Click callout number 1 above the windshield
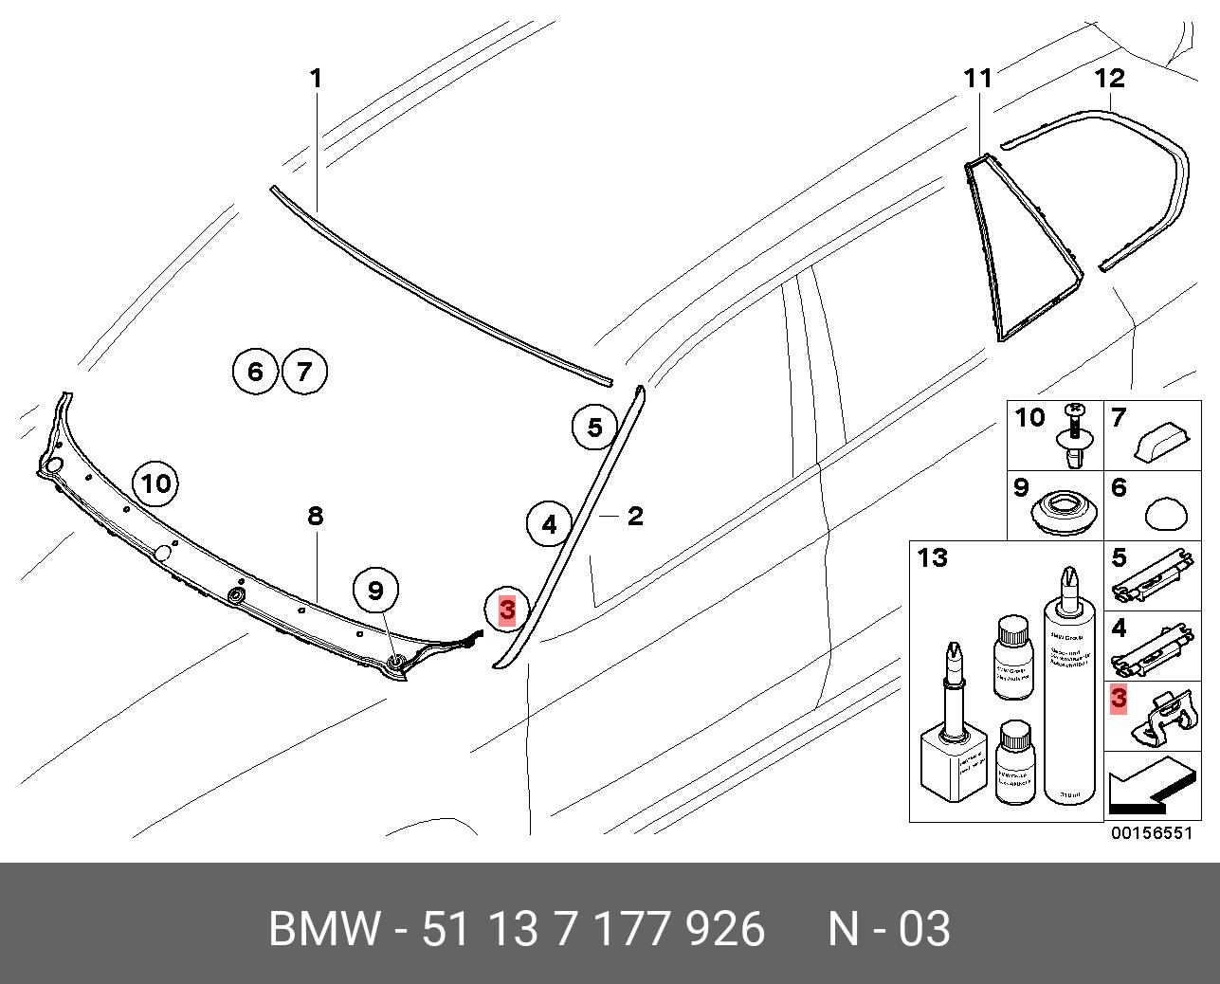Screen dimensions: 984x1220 [x=317, y=78]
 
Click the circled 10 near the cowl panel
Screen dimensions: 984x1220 [x=155, y=484]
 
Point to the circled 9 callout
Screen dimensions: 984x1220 [x=376, y=591]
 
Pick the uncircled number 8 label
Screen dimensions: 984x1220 [x=316, y=516]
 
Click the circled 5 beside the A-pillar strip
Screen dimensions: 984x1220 [x=594, y=428]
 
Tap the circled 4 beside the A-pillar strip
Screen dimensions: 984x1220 [x=550, y=523]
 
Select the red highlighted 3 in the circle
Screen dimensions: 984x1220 [x=507, y=609]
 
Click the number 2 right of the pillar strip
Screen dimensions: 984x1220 [x=635, y=516]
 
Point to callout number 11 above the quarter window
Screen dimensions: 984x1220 [x=977, y=78]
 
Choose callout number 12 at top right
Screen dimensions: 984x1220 [x=1109, y=78]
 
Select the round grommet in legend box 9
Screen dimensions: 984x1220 [x=1063, y=513]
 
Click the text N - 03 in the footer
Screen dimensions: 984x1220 [x=888, y=929]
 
